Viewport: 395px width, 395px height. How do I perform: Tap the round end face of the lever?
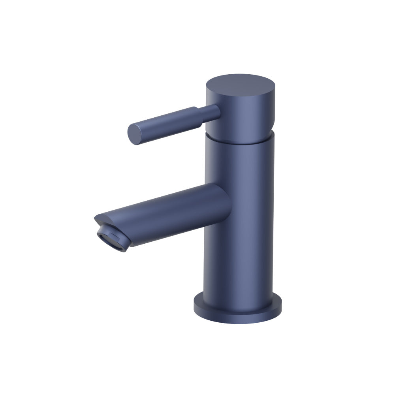pos(134,134)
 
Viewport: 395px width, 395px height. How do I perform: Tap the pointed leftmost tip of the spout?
pos(96,217)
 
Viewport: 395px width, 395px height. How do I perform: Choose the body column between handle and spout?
pos(239,166)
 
